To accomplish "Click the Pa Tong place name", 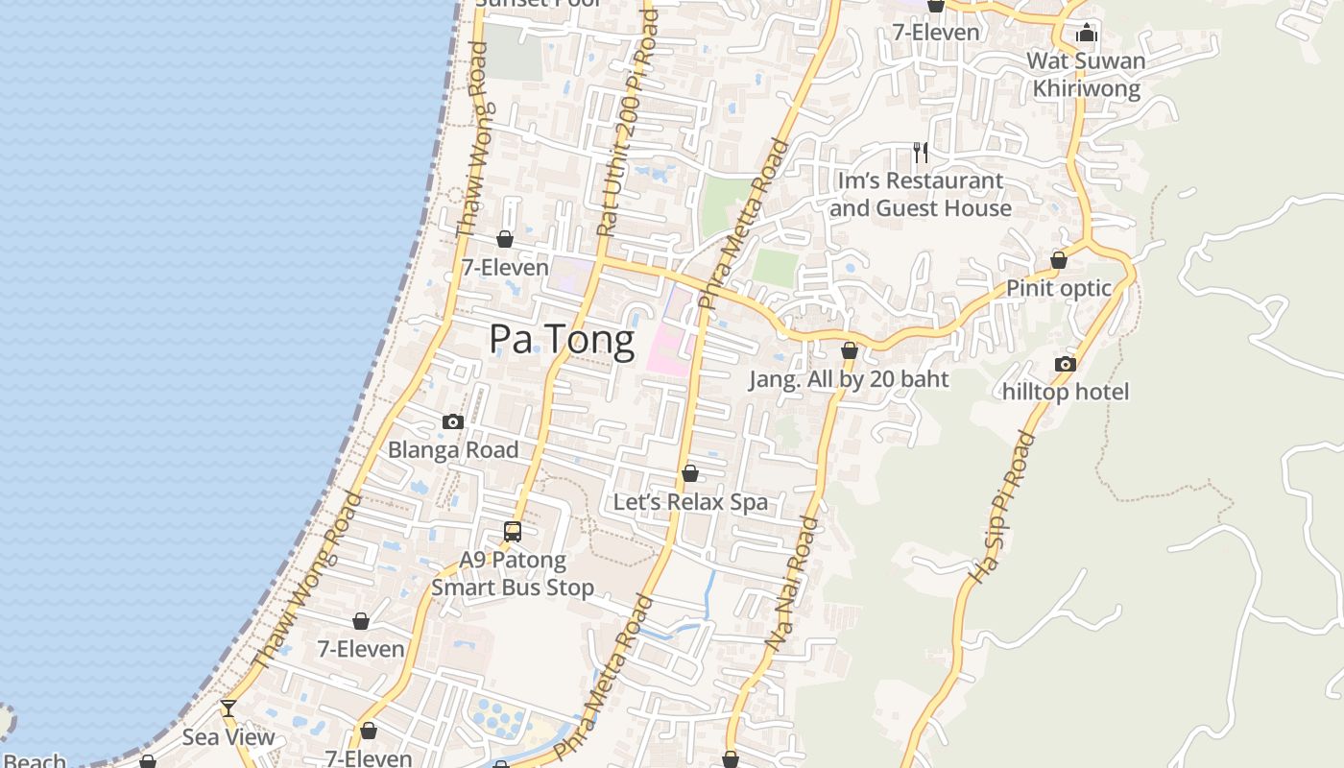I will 562,340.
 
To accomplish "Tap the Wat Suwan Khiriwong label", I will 1086,75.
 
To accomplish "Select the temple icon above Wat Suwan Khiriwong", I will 1086,34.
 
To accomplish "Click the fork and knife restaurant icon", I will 920,153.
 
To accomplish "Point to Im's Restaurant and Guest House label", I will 920,195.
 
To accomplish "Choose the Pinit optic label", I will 1058,288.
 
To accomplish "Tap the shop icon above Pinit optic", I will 1058,260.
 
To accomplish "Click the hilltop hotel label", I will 1066,392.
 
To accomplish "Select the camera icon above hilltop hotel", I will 1065,364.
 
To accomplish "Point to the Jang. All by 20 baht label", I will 849,379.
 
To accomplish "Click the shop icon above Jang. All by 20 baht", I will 849,351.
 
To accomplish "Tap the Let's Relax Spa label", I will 690,502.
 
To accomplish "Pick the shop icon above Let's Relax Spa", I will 689,473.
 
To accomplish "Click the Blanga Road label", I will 453,449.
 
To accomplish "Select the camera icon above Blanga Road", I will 453,421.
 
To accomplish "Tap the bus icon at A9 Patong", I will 513,531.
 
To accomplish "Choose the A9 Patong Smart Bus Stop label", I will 513,573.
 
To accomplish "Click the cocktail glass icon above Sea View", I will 228,708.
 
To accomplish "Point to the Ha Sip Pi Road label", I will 1002,508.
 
